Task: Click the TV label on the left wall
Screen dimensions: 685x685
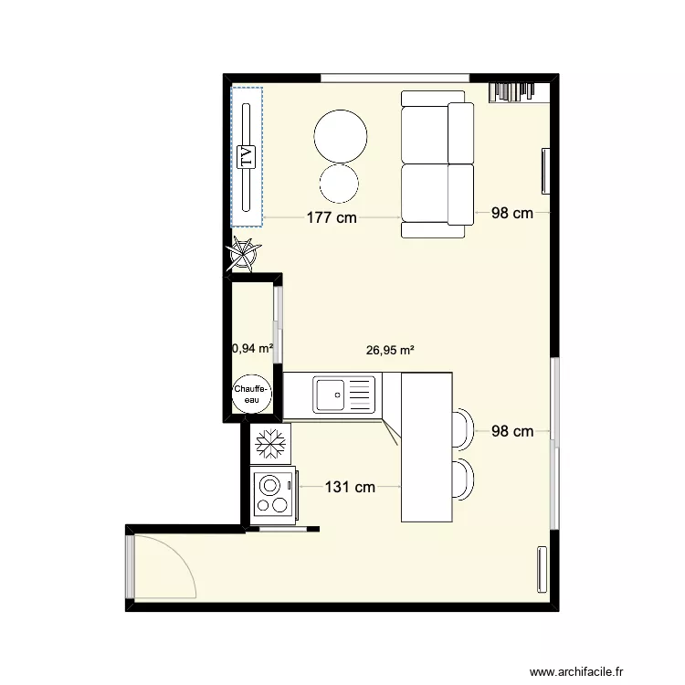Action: click(245, 156)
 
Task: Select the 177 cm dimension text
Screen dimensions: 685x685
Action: click(332, 217)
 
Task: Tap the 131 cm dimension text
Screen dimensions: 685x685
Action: click(350, 487)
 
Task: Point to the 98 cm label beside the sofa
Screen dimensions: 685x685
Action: click(511, 214)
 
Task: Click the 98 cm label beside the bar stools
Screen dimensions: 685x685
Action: click(511, 431)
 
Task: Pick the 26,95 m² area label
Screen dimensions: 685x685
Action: click(390, 349)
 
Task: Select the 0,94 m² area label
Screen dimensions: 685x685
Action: click(253, 347)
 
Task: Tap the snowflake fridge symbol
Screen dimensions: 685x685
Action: click(270, 445)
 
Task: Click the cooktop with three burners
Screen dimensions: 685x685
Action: click(271, 494)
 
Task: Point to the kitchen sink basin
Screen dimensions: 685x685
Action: click(332, 395)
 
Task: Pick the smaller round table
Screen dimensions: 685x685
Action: click(339, 182)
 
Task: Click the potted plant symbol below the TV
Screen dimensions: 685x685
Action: click(245, 253)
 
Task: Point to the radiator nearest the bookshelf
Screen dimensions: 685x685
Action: click(545, 171)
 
